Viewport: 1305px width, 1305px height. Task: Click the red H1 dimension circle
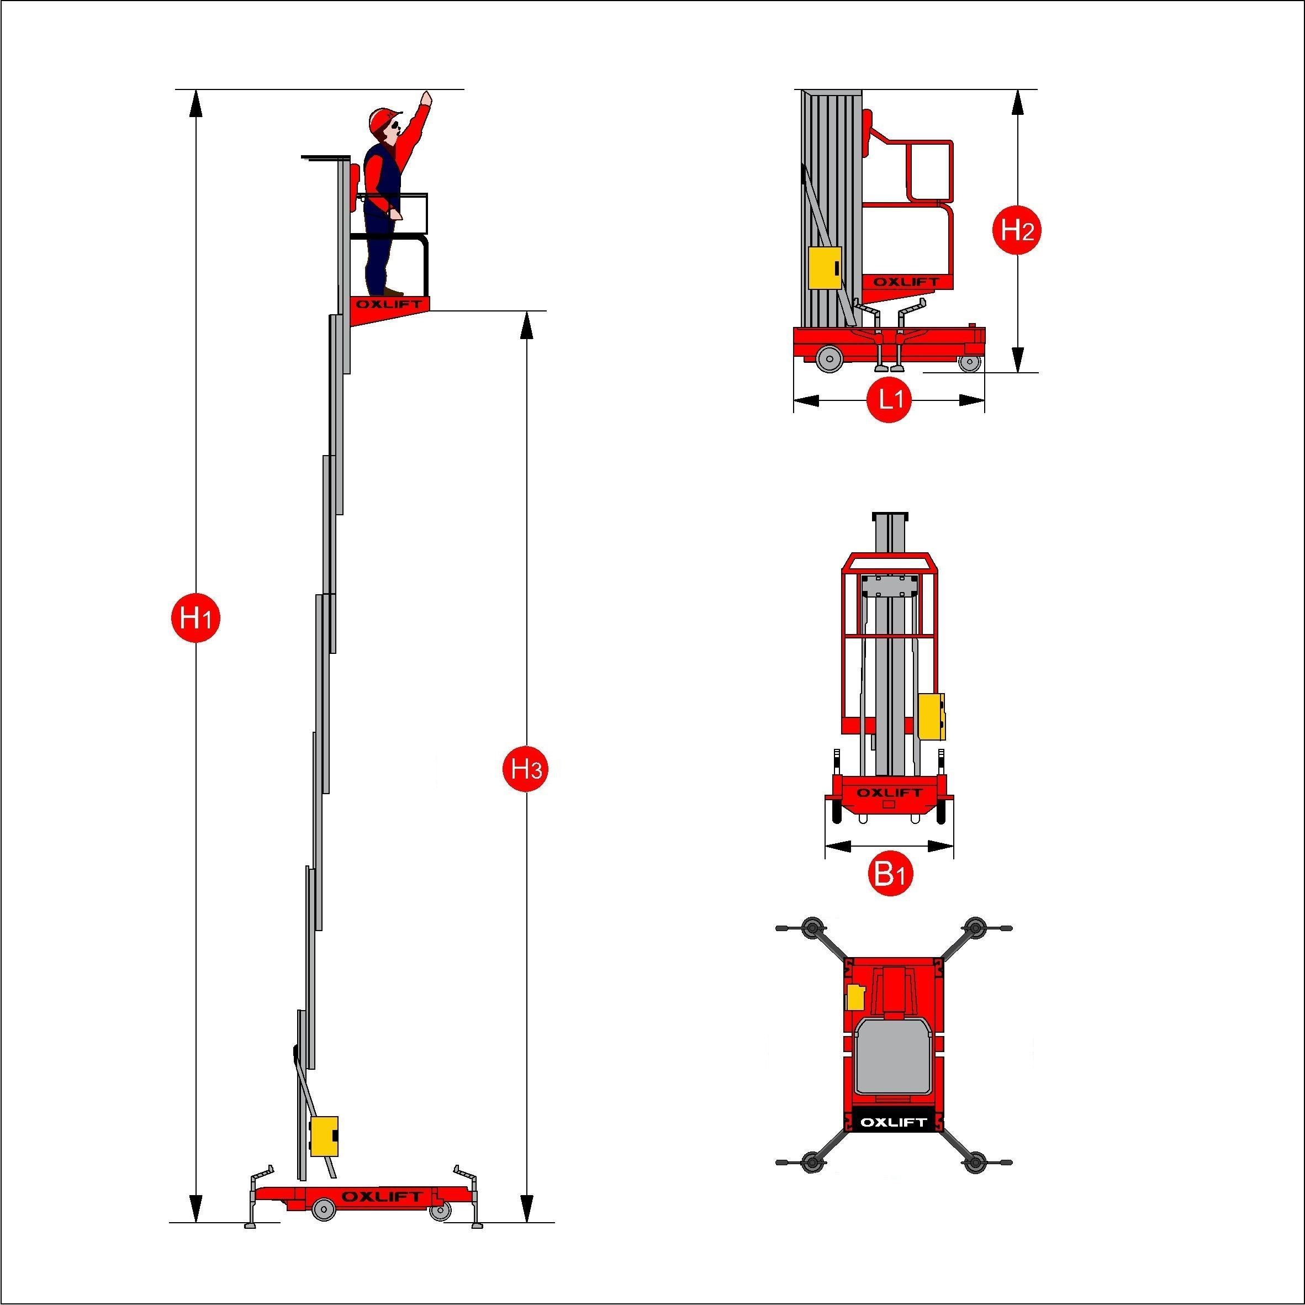(x=195, y=617)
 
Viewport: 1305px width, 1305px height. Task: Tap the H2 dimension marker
(x=1017, y=231)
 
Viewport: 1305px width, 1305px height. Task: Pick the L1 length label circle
(x=890, y=400)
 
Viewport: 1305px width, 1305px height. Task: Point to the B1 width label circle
(x=890, y=875)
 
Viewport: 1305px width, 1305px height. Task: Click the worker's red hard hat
(x=384, y=120)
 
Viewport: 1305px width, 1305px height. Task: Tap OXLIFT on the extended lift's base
(x=382, y=1196)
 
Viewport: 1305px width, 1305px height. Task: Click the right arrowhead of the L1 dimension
(x=971, y=400)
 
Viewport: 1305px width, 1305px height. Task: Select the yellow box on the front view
(x=932, y=716)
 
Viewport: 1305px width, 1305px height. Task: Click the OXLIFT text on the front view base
(x=889, y=792)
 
